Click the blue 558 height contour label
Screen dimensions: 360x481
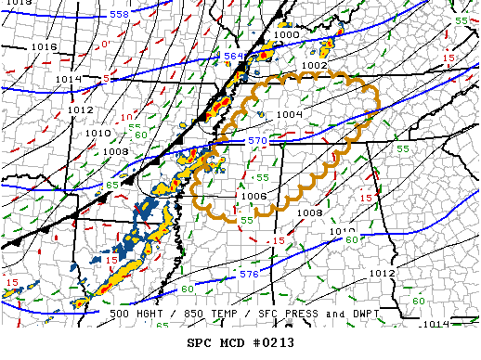(120, 15)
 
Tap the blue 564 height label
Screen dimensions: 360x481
(234, 57)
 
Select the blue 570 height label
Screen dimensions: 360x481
(256, 141)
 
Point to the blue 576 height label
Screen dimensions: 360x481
(249, 275)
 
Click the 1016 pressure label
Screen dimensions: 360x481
(44, 45)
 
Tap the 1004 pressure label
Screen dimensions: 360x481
(290, 114)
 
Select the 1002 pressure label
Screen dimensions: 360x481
(314, 66)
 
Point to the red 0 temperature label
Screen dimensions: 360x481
(105, 45)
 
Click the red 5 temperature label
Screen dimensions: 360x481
(106, 80)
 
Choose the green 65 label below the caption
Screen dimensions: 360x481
(161, 325)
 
